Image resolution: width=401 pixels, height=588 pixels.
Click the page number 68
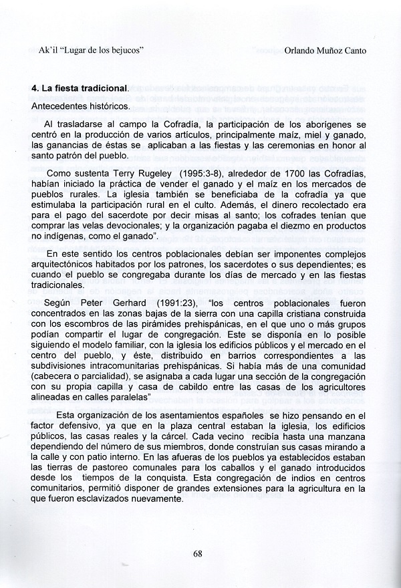point(197,553)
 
